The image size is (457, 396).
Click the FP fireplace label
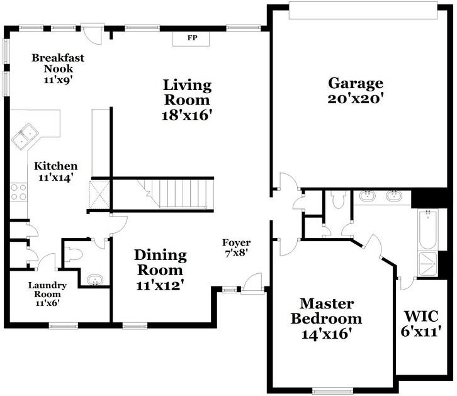[x=193, y=38]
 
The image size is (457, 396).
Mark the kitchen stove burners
[x=18, y=191]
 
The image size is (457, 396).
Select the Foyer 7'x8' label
[x=236, y=247]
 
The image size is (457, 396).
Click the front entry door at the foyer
[x=253, y=283]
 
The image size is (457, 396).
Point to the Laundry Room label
[x=47, y=293]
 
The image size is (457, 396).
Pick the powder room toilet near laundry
[x=73, y=254]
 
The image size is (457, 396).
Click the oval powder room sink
[x=94, y=280]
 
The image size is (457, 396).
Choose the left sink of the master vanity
[x=368, y=196]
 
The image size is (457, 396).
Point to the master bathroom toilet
[x=339, y=200]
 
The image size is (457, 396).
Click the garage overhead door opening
[x=362, y=10]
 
